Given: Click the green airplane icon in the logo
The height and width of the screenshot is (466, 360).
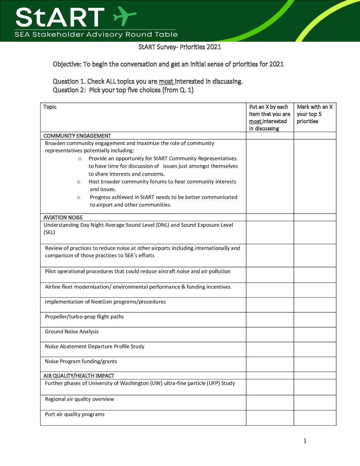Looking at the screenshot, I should tap(124, 16).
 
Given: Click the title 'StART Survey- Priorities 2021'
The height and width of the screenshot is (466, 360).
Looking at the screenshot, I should tap(180, 47).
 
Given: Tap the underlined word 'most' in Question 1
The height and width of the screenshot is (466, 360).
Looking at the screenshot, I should tap(166, 81).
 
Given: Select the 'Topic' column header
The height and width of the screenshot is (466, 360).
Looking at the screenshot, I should tap(50, 107).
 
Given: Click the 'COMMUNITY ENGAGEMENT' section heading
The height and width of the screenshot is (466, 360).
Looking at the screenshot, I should tap(77, 136).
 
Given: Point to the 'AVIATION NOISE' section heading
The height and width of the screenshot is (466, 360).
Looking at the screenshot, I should tap(63, 217).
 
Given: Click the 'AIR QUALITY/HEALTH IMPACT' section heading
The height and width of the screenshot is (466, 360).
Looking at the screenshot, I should tap(79, 376).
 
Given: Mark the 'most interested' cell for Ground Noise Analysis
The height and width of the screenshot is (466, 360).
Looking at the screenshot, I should tap(270, 335).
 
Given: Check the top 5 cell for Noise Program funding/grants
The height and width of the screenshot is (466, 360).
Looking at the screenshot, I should tap(315, 364).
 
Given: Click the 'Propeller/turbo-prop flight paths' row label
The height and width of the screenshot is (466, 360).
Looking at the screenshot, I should tap(84, 317).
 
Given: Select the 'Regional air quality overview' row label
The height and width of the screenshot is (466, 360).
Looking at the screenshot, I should tap(79, 399).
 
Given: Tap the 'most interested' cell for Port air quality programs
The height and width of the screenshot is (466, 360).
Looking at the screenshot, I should tap(270, 418).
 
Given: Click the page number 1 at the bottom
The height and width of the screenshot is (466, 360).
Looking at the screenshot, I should tap(305, 441).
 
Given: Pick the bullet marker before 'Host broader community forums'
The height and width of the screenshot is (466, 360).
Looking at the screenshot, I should tap(79, 182).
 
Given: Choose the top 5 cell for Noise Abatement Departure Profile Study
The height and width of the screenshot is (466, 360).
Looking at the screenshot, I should tap(315, 349).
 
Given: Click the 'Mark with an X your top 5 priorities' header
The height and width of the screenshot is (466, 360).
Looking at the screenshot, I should tap(314, 114).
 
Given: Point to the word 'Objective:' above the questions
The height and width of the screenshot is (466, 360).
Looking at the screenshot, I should tap(67, 64).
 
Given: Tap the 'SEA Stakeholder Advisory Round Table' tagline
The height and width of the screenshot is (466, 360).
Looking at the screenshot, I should tap(96, 34).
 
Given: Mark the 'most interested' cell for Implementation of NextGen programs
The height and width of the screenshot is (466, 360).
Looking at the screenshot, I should tap(270, 305).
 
